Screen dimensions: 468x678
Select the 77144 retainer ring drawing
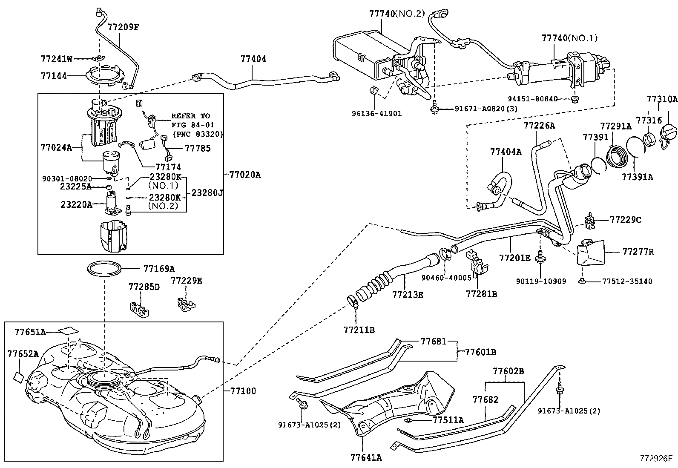click(106, 77)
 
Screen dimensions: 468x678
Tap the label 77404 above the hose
click(253, 59)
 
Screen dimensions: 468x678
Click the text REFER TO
click(190, 116)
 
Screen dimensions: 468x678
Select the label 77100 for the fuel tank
click(243, 391)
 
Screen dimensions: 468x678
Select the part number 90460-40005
click(446, 278)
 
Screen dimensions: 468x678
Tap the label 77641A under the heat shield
click(366, 457)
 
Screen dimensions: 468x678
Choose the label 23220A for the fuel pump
click(76, 204)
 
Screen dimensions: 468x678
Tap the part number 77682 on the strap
click(485, 399)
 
